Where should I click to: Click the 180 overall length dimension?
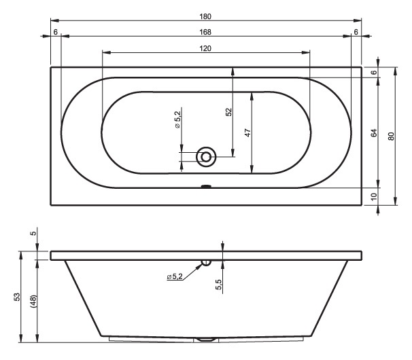coord(205,16)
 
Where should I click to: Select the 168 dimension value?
coord(205,32)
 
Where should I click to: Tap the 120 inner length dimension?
coord(205,49)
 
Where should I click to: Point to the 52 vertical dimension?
coord(229,112)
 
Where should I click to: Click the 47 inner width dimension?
coord(247,132)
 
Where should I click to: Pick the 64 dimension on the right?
coord(374,132)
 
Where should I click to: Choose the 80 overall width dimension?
coord(391,137)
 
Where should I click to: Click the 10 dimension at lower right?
coord(374,196)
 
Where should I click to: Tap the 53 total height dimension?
coord(16,297)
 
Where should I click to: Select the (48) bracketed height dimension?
coord(33,301)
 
